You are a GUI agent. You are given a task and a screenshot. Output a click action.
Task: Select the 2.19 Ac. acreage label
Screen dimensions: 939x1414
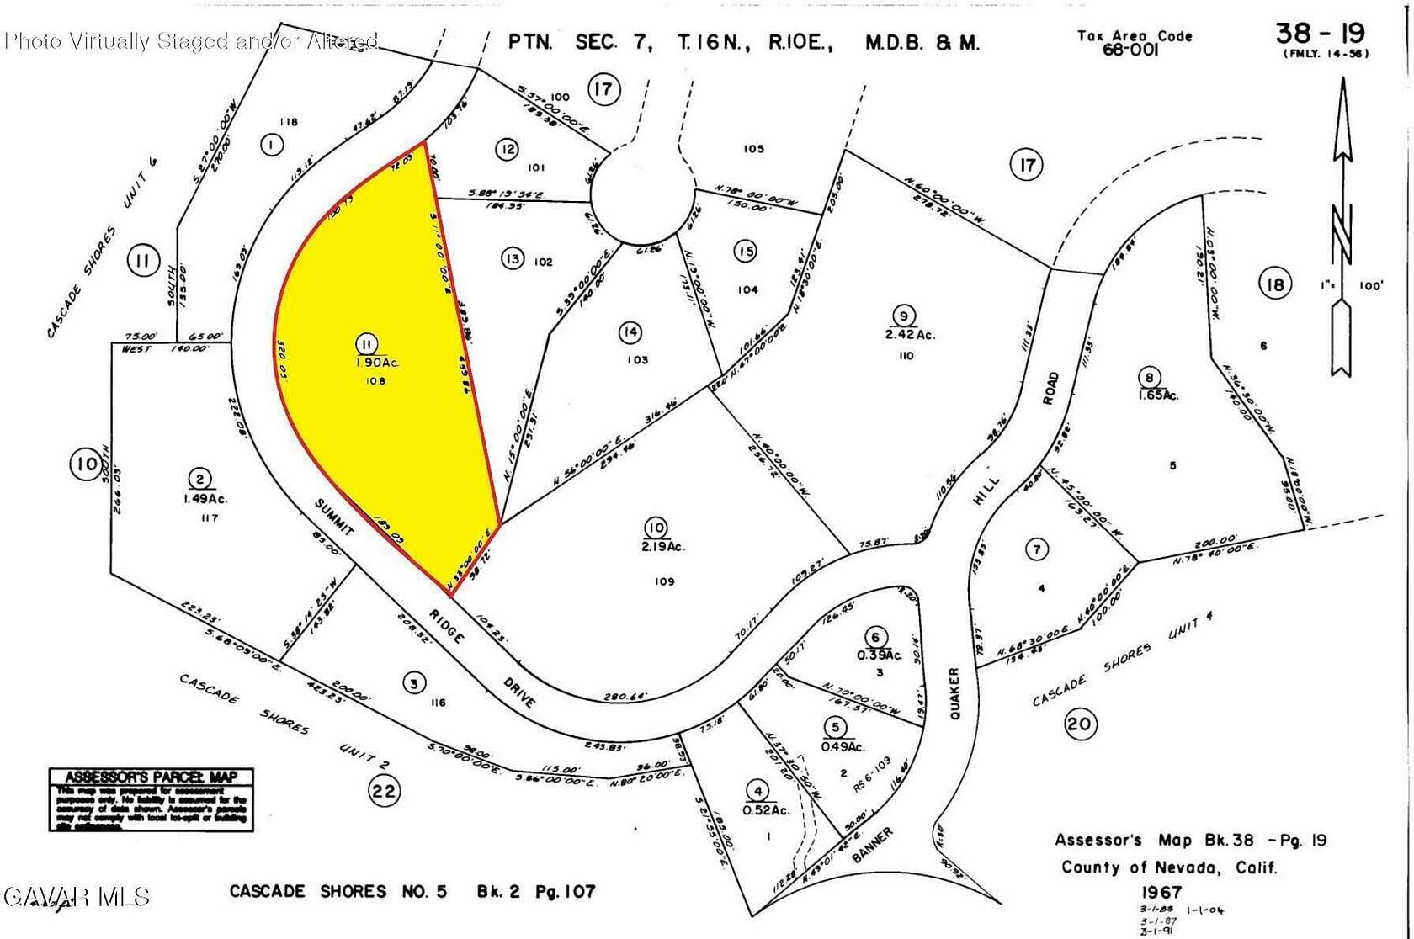pos(663,546)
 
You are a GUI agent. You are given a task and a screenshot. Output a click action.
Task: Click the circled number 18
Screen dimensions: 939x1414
pos(1275,284)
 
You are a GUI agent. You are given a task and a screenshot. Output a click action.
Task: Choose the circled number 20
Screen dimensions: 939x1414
pos(1080,724)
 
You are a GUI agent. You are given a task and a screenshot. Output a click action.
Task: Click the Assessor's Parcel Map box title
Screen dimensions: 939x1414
pos(151,777)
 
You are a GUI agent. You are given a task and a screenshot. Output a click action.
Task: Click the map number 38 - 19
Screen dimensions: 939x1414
pos(1320,34)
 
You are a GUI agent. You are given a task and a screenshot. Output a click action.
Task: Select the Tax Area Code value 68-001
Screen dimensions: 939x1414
pos(1130,50)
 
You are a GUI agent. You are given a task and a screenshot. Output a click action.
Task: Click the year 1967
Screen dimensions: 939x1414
pos(1162,892)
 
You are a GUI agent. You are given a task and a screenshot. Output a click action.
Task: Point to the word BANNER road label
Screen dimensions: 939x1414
pos(871,844)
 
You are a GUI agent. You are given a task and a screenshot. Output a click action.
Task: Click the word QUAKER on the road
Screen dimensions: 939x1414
pos(955,694)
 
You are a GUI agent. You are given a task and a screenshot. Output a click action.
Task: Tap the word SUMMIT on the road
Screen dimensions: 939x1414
pos(334,516)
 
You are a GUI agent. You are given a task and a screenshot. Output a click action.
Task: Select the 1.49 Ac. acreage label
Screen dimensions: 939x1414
pos(205,498)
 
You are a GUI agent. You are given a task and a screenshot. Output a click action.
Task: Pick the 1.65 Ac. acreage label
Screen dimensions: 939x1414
pos(1158,395)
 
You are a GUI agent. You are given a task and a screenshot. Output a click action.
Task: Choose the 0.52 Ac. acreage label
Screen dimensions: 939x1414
pos(765,809)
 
